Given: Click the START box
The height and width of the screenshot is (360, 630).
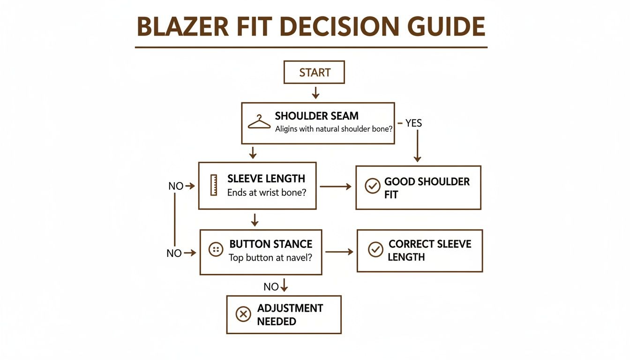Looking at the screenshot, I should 314,73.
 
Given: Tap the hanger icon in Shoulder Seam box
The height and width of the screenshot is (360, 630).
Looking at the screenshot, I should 259,122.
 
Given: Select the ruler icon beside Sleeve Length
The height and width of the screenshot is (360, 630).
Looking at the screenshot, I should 214,185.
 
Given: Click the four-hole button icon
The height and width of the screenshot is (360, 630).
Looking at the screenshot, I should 216,250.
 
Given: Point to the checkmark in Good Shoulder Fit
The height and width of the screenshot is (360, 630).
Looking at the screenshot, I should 372,186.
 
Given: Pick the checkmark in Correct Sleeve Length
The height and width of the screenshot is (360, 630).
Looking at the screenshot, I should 375,250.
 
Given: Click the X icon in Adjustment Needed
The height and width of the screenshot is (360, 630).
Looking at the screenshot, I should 243,314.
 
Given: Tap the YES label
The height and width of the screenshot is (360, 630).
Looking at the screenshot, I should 413,123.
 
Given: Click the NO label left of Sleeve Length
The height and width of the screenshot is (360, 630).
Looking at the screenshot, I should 176,186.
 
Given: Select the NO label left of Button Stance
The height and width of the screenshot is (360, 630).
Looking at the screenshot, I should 174,253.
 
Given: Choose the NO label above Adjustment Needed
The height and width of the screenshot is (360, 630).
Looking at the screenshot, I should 271,286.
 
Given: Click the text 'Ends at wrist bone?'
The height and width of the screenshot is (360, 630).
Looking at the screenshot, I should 266,192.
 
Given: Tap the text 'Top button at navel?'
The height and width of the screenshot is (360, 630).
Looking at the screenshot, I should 270,257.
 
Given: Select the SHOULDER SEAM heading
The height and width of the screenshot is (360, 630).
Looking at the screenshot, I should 316,116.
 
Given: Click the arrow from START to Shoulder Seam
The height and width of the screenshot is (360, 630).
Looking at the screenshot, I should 315,93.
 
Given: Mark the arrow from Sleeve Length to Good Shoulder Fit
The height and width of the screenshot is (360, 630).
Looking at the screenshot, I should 335,187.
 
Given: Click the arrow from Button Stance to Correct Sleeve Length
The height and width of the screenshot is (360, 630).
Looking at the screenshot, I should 339,252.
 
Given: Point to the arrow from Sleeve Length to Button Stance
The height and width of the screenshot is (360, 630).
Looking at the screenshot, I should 255,219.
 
